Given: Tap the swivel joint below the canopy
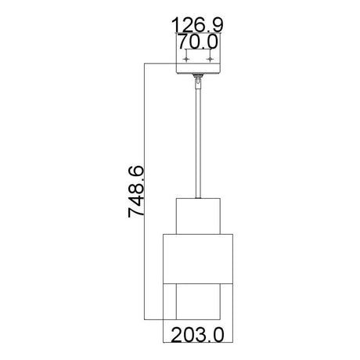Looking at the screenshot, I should (x=199, y=78).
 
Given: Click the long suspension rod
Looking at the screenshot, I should (x=199, y=141).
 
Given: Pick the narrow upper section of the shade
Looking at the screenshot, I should (x=199, y=215).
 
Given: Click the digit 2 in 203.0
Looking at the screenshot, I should (x=175, y=334).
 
